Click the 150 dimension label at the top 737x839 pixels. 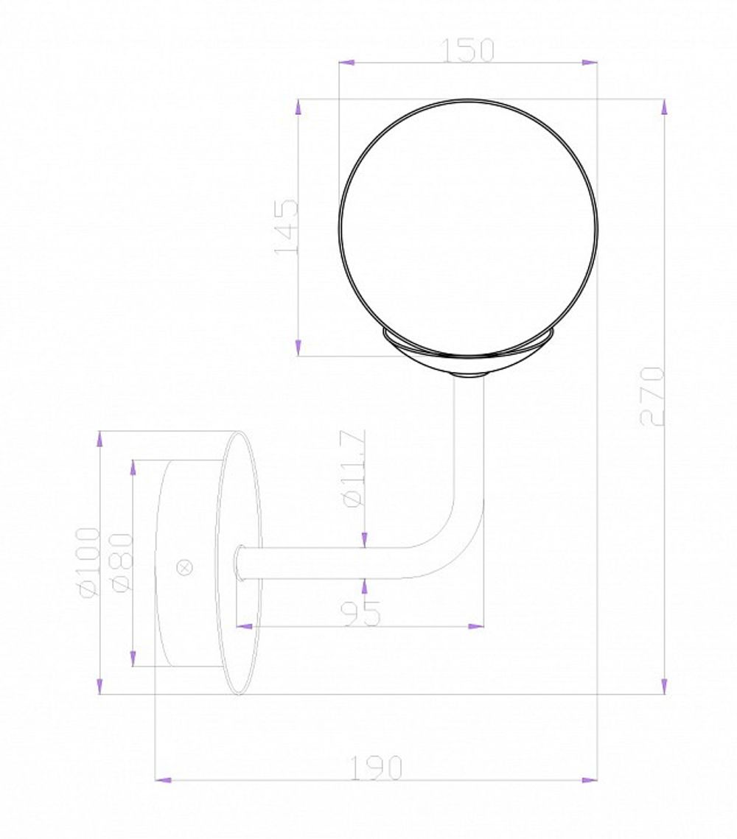tap(468, 50)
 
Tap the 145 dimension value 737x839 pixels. tap(287, 227)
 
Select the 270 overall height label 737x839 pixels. tap(653, 396)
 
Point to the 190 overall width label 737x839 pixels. tap(377, 768)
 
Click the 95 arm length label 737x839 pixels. tap(362, 613)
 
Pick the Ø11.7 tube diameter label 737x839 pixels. tap(354, 468)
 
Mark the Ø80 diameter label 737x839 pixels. tap(122, 562)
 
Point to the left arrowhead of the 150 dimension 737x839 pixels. tap(346, 63)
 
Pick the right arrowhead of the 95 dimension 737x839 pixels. tap(476, 626)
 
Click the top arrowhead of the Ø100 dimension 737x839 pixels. tap(99, 439)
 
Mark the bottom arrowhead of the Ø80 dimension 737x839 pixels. tap(133, 659)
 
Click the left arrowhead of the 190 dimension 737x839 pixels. tap(164, 779)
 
